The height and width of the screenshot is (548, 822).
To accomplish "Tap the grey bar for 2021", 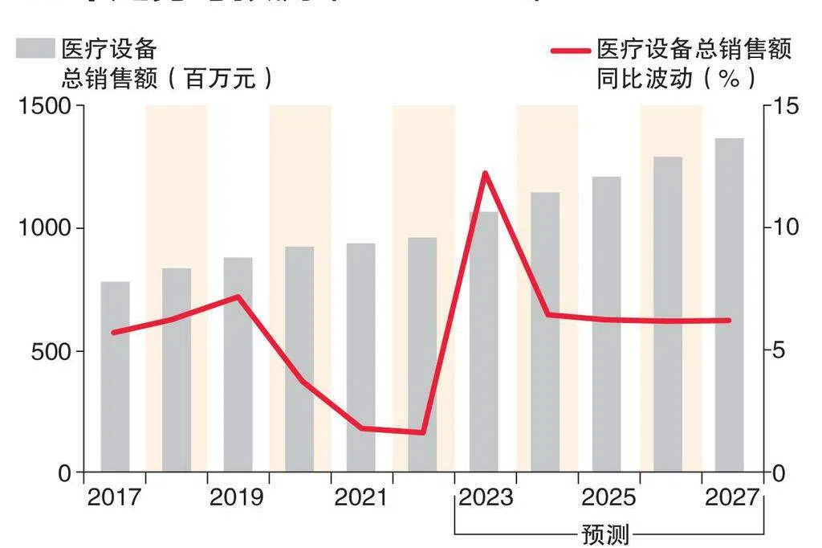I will click(361, 357).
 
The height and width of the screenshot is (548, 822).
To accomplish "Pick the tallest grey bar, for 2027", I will click(729, 305).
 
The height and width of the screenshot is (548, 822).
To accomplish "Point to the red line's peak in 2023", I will click(485, 173).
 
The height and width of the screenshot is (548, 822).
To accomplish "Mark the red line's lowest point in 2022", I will click(423, 432).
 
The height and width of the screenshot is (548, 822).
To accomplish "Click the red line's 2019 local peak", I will click(238, 296).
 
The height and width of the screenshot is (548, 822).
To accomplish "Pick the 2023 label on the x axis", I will click(486, 498).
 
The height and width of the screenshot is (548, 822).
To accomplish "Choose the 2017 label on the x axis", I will click(113, 498).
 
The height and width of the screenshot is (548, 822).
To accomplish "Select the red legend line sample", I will click(571, 50).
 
